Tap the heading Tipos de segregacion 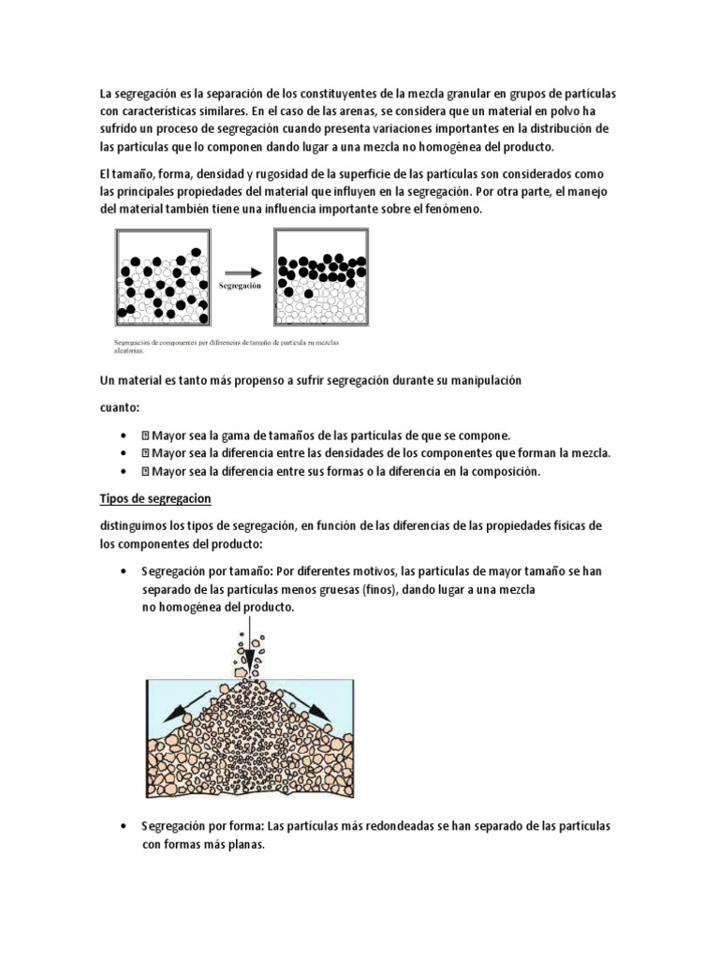point(154,497)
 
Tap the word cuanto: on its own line point(120,408)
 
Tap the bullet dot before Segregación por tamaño point(125,571)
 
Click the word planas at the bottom point(244,844)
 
